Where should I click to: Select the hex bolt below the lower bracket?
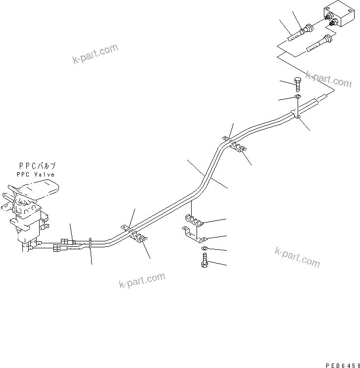[x=205, y=259]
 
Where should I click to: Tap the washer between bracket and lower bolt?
[x=204, y=248]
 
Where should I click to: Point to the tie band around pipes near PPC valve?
[x=91, y=243]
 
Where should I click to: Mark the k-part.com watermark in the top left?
[x=95, y=55]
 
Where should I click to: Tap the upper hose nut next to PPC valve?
[x=64, y=241]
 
